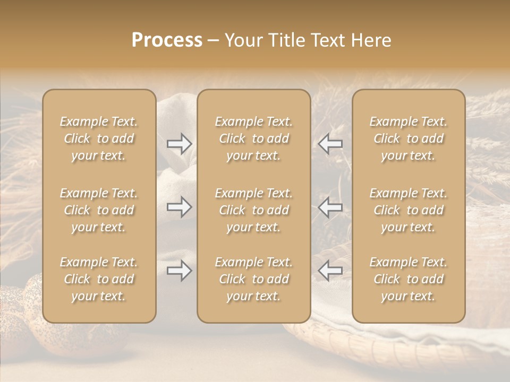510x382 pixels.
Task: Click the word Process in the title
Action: click(x=167, y=40)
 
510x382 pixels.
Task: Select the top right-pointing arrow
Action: click(x=179, y=143)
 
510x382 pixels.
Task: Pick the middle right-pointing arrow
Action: click(x=179, y=207)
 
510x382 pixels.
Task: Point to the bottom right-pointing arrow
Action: click(x=179, y=271)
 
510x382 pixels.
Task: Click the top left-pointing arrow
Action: click(x=330, y=143)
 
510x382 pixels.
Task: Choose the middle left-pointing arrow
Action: click(x=330, y=207)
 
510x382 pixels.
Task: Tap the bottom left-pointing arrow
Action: click(x=330, y=271)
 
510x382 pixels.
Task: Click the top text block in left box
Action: click(x=99, y=138)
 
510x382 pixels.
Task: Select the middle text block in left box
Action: click(x=99, y=210)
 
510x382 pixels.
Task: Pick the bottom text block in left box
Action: click(x=99, y=279)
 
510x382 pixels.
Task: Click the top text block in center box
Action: click(x=253, y=138)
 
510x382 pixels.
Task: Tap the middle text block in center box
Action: click(x=253, y=210)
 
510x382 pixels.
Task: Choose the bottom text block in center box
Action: click(x=253, y=279)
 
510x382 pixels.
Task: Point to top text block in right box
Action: click(x=408, y=138)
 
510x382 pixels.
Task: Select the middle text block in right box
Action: click(x=408, y=210)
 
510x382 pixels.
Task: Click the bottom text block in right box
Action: click(x=408, y=279)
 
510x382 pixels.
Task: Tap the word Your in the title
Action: click(x=245, y=40)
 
